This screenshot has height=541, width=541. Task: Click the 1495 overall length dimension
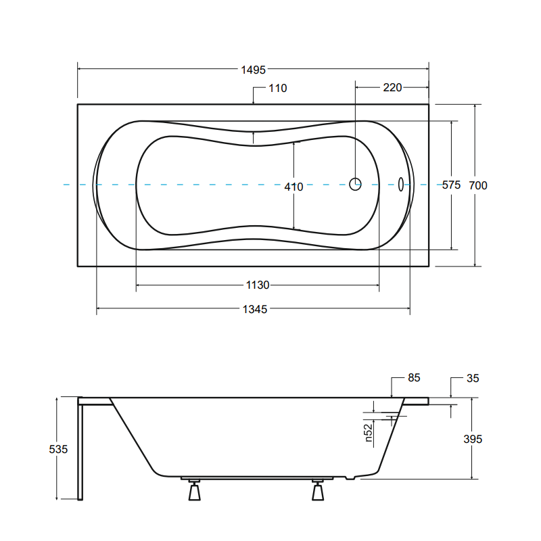tap(254, 69)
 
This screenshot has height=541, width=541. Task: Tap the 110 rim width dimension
tap(277, 88)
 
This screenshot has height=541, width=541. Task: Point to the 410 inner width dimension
tap(293, 187)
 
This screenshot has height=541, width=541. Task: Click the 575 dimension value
tap(451, 185)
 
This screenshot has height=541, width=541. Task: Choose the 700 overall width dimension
tap(478, 185)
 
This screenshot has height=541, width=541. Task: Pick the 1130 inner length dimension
tap(257, 285)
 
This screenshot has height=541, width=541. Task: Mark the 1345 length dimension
tap(255, 309)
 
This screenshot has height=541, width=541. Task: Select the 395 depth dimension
tap(473, 439)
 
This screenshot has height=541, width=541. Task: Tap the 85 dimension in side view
tap(415, 378)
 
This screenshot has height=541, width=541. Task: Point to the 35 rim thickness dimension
tap(473, 378)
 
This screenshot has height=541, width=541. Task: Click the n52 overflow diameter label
tap(369, 433)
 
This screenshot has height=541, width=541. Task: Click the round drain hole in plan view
tap(356, 183)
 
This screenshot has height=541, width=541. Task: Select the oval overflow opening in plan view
tap(401, 184)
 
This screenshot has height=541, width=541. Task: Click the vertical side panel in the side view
tap(81, 450)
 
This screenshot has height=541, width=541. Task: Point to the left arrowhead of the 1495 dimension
tap(80, 69)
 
